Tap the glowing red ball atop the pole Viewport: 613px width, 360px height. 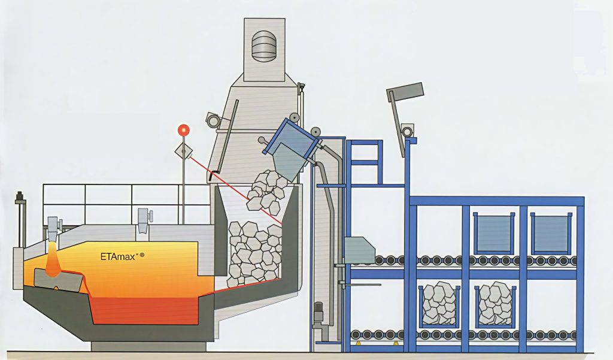pos(183,129)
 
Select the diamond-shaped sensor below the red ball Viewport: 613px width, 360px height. pos(183,151)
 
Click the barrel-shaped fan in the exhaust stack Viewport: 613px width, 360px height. pos(265,46)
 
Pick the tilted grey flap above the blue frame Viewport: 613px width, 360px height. pos(405,90)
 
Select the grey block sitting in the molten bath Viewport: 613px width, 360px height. pos(58,280)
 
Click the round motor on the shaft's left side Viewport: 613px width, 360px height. pos(213,120)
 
